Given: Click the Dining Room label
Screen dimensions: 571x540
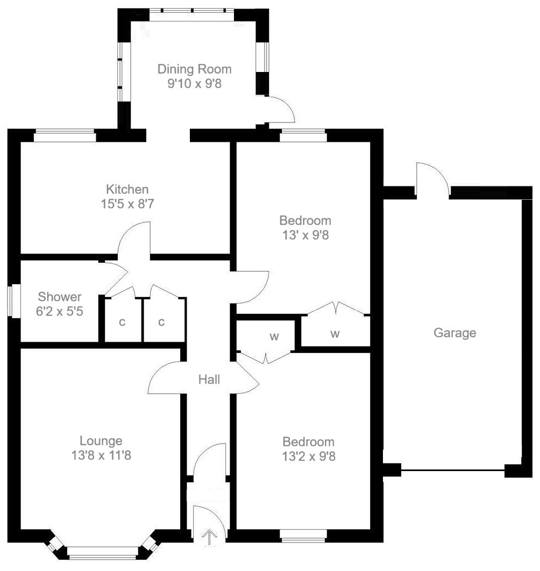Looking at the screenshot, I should pyautogui.click(x=194, y=69).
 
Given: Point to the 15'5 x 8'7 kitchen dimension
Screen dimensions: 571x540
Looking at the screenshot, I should pyautogui.click(x=127, y=204).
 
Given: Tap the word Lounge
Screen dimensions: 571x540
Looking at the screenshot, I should pyautogui.click(x=101, y=441).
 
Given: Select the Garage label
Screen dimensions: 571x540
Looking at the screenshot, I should pyautogui.click(x=454, y=333).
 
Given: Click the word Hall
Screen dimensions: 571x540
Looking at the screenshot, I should pyautogui.click(x=209, y=380).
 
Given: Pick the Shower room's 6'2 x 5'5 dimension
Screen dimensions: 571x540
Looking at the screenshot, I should pyautogui.click(x=60, y=312).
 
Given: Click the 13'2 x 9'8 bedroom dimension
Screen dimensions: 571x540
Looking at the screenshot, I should pyautogui.click(x=308, y=457).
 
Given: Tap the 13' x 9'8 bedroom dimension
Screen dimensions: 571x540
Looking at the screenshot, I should pyautogui.click(x=304, y=235).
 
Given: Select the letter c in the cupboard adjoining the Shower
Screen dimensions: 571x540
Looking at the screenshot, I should pyautogui.click(x=122, y=322).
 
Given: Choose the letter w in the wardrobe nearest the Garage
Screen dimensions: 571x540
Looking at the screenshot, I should pyautogui.click(x=335, y=334).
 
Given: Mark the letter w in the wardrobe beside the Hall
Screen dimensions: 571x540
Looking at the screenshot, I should pyautogui.click(x=274, y=337).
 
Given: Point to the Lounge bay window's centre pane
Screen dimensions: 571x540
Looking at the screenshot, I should pyautogui.click(x=103, y=551).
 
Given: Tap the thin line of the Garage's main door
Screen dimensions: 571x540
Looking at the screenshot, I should pyautogui.click(x=453, y=471).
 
